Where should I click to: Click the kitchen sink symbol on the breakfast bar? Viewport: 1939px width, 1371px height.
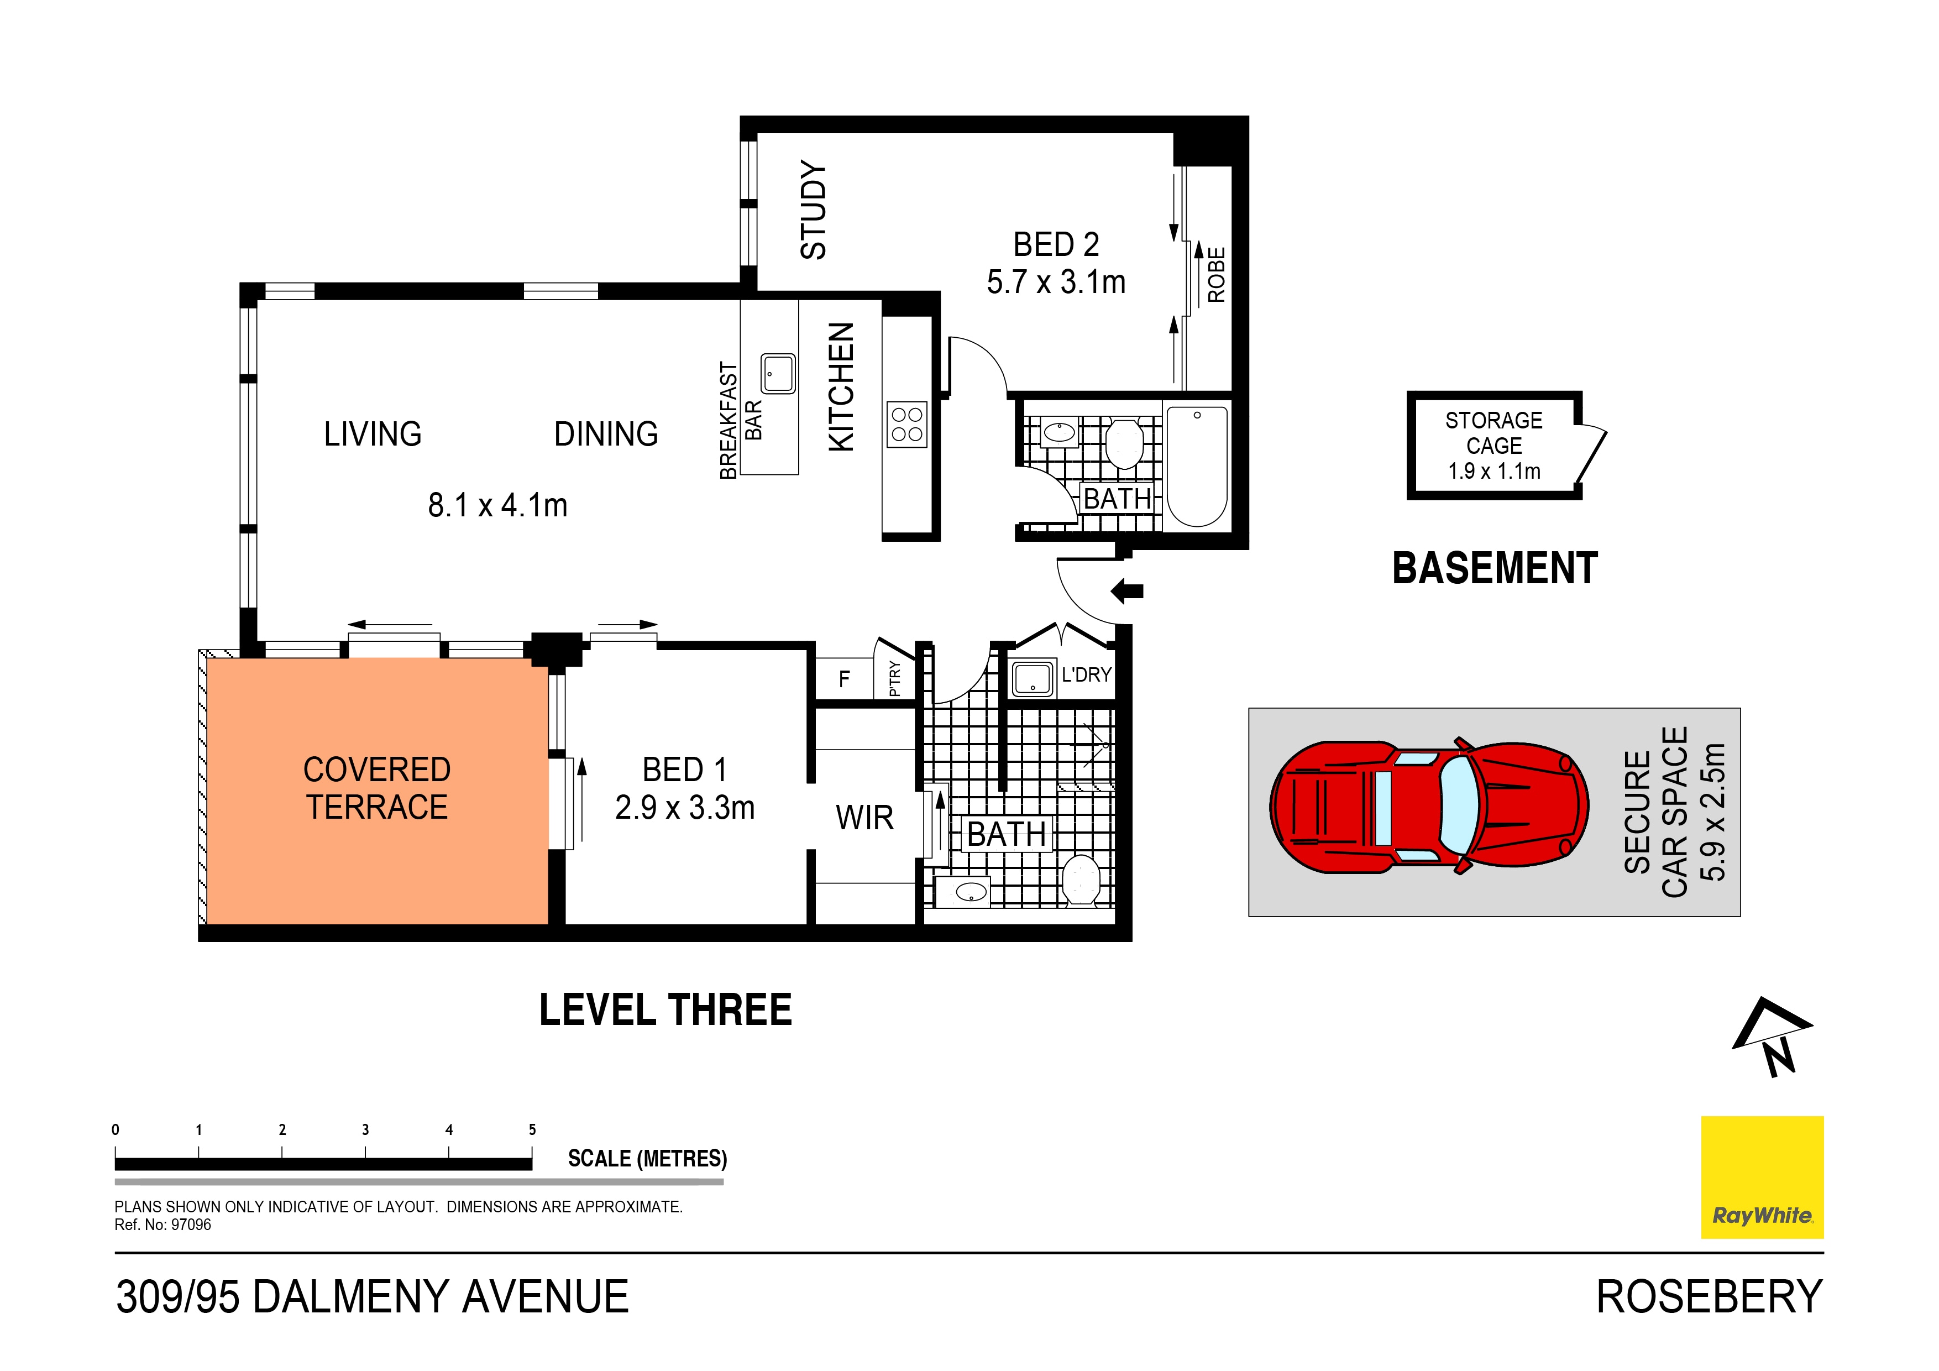point(778,373)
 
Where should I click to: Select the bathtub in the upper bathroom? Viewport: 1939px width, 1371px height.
point(1197,465)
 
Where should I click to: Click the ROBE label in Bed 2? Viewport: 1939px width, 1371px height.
point(1216,275)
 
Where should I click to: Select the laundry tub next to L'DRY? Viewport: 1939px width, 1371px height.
point(1032,678)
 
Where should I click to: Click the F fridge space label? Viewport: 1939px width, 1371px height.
point(843,679)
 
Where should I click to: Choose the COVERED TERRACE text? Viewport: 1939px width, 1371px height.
point(376,788)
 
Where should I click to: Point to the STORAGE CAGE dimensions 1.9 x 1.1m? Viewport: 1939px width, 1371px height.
point(1494,472)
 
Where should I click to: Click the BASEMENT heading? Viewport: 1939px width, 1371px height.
point(1494,568)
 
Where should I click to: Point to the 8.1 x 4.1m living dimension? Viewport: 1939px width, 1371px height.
point(497,505)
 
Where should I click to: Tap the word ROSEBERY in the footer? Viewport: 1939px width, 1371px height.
point(1709,1297)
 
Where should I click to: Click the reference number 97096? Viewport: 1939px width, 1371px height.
point(191,1225)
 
